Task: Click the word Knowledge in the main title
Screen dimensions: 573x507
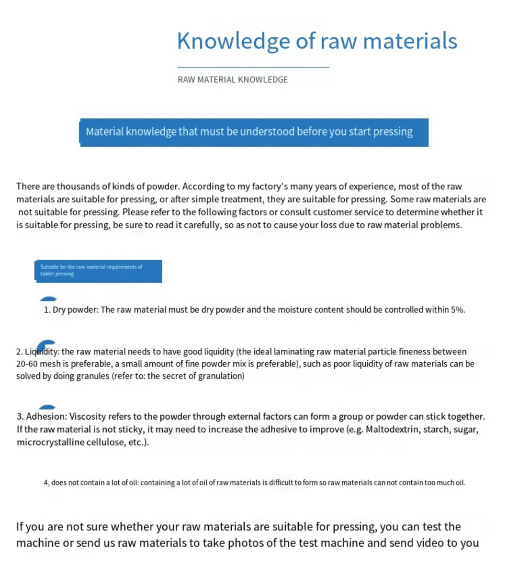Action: pyautogui.click(x=233, y=41)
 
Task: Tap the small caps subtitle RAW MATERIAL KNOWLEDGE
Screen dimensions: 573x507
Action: pyautogui.click(x=233, y=80)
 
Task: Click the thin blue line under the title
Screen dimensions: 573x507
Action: pyautogui.click(x=253, y=68)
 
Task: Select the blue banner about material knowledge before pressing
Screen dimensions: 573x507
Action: pyautogui.click(x=254, y=132)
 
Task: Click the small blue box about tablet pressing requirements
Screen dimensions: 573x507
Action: pyautogui.click(x=98, y=271)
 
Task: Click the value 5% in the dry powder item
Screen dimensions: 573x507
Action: pyautogui.click(x=457, y=309)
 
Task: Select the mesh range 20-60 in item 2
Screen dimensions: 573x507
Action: pyautogui.click(x=27, y=364)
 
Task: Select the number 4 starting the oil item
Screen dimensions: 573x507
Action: pyautogui.click(x=46, y=482)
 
